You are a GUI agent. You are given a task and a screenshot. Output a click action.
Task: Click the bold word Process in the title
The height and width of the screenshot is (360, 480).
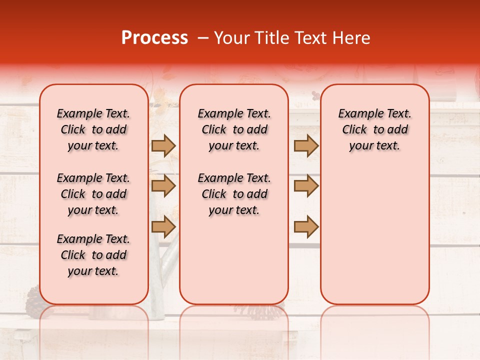tap(154, 38)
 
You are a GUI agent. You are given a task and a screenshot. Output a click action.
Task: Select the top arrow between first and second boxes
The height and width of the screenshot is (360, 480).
tap(163, 146)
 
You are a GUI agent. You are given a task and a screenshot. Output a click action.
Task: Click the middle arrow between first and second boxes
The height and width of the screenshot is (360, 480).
tap(163, 186)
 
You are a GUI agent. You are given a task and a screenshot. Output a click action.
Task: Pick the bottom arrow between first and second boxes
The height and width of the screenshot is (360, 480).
tap(163, 226)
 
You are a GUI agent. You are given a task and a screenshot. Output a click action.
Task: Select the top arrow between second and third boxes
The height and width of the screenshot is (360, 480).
tap(306, 146)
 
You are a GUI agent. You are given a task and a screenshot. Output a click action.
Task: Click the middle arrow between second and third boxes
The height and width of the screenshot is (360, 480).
tap(306, 186)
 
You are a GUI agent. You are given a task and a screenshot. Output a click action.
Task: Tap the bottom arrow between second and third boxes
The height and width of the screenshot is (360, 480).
tap(306, 226)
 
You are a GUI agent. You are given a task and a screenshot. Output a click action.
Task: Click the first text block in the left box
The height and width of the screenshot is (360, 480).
tap(93, 129)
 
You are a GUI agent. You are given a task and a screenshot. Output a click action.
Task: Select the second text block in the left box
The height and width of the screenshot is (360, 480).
tap(93, 194)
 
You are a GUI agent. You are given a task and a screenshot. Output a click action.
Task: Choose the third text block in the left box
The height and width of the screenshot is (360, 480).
tap(93, 255)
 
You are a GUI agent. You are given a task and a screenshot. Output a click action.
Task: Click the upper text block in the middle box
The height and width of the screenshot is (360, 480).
tap(234, 129)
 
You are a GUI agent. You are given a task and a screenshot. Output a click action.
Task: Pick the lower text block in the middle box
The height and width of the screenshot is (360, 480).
tap(234, 194)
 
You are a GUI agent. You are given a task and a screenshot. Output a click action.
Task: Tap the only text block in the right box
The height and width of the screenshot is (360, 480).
tap(374, 129)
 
